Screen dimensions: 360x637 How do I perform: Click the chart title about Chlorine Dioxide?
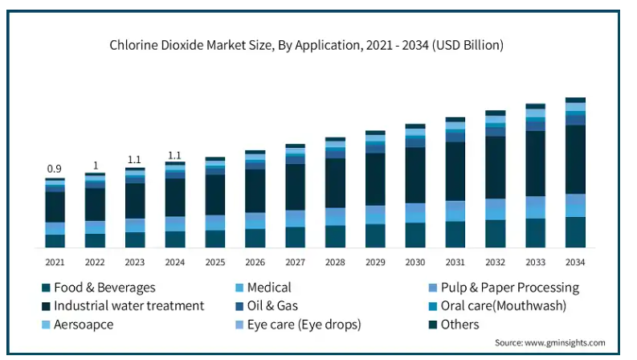point(306,45)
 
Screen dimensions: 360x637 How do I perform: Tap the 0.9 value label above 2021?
point(55,169)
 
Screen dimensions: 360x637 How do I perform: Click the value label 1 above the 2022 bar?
point(95,166)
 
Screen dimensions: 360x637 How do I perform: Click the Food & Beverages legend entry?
point(104,287)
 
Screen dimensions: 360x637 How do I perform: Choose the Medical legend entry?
point(269,287)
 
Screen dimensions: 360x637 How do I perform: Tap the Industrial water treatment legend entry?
point(129,305)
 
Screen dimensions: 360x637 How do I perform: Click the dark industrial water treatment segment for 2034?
point(575,159)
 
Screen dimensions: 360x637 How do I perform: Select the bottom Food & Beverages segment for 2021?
point(55,240)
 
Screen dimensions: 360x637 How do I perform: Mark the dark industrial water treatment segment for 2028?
point(335,182)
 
